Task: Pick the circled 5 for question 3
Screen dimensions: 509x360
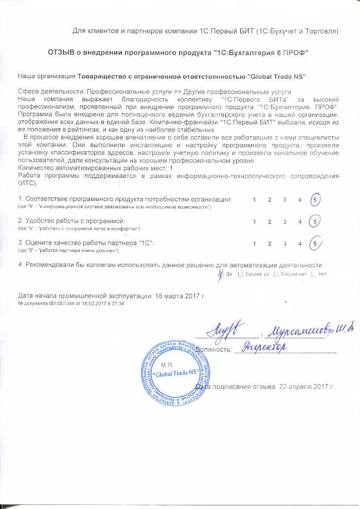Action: tap(316, 242)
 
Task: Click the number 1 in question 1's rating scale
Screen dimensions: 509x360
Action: tap(255, 199)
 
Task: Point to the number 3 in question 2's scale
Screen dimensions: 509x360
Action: tap(284, 222)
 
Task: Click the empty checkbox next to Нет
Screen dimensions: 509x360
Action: tap(313, 274)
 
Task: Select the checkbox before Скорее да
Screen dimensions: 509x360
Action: tap(241, 274)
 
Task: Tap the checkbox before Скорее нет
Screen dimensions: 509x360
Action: tap(276, 274)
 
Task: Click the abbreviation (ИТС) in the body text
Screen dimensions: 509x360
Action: tap(27, 183)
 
